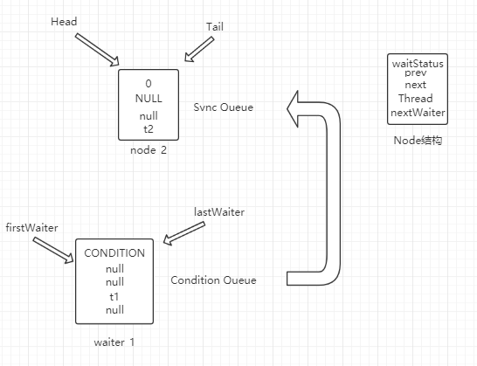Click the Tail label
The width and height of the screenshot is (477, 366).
(214, 27)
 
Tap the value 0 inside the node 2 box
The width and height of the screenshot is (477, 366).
(149, 84)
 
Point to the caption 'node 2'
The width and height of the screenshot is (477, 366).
(149, 150)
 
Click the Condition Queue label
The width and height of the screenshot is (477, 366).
(213, 280)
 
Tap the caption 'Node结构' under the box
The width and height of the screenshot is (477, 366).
(418, 140)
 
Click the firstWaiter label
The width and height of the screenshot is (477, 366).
(31, 228)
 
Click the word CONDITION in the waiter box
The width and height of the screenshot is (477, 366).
(114, 253)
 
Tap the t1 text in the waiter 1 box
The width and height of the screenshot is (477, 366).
(114, 296)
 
